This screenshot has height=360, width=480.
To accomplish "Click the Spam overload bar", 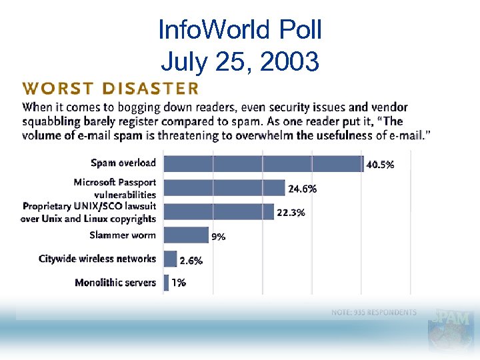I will click(x=263, y=163).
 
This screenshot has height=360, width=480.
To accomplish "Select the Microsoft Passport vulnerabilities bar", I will click(x=224, y=188).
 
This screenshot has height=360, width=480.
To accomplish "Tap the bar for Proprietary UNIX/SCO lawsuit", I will click(x=219, y=212).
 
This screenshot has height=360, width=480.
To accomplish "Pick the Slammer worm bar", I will click(x=186, y=235).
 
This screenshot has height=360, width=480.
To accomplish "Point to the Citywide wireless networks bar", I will click(x=170, y=259).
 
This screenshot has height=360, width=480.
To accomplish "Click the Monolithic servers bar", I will click(x=166, y=282).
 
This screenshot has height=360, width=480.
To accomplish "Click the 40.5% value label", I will click(x=379, y=165).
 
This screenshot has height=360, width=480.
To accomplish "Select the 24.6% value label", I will click(x=302, y=189).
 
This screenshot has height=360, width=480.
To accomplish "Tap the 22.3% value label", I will click(x=291, y=213).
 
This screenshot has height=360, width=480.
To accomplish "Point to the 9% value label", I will click(x=218, y=236).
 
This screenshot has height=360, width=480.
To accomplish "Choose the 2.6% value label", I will click(x=191, y=261).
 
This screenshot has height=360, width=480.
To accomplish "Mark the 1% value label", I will click(x=178, y=283).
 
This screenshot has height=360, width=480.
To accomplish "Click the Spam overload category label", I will click(x=123, y=163).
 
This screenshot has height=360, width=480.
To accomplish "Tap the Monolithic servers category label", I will click(x=115, y=283).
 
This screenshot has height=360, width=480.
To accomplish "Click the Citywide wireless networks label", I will click(x=97, y=259).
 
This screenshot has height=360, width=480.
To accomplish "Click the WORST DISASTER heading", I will click(x=110, y=88).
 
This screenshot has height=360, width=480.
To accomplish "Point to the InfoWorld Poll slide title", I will click(x=240, y=29).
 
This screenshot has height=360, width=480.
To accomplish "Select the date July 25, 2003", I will click(x=240, y=61).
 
